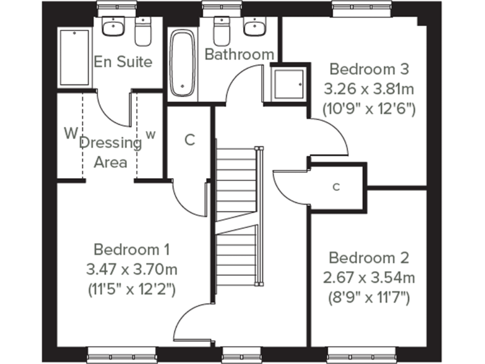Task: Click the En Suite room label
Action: tap(123, 62)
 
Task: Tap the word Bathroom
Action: tap(239, 55)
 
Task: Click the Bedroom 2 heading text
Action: tap(369, 258)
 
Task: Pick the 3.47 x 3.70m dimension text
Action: tap(131, 270)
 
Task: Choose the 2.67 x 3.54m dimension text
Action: tap(369, 277)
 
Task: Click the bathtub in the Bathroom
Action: tap(183, 64)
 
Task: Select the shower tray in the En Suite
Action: tap(75, 58)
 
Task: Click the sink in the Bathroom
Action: tap(254, 28)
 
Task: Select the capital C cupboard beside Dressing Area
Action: tap(189, 140)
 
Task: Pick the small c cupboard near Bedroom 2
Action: tap(337, 186)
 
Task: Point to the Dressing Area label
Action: tap(111, 152)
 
